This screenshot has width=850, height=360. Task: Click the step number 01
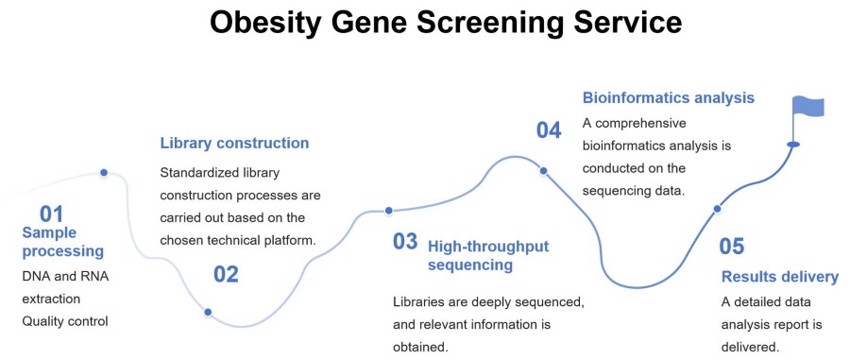(52, 214)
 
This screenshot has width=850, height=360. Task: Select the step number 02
(226, 274)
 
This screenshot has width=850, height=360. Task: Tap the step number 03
(405, 241)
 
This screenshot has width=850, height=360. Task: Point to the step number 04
(549, 130)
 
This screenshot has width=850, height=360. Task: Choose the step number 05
(732, 247)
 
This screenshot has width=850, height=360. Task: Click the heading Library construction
(234, 143)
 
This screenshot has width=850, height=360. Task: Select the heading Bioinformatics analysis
(669, 98)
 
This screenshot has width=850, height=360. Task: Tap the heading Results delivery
(779, 277)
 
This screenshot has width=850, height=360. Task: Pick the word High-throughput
(488, 247)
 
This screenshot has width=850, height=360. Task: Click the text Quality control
(65, 321)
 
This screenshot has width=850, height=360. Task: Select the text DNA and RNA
(65, 277)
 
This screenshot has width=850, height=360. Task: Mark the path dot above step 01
(104, 172)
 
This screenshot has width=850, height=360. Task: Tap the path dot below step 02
(208, 312)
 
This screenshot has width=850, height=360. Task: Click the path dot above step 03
(388, 211)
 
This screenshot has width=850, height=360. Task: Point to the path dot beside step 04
(543, 171)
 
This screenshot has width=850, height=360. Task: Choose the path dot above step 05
(717, 209)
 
